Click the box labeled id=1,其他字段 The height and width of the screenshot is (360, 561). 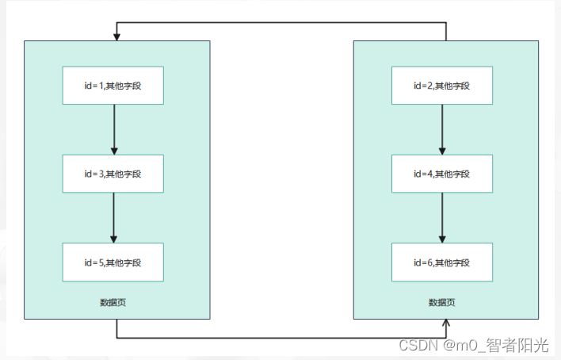(113, 85)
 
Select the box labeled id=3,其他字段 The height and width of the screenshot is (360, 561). (113, 173)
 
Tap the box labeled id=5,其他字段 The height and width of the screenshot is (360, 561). (113, 262)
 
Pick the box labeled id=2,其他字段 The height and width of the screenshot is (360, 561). (442, 85)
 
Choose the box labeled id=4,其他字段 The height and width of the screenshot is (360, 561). (442, 173)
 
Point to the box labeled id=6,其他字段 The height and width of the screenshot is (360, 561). (442, 262)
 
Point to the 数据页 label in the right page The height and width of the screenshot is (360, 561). (441, 302)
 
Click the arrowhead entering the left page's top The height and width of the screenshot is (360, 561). (117, 36)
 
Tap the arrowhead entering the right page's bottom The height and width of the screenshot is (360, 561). (447, 324)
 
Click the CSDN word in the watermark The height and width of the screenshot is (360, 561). (414, 345)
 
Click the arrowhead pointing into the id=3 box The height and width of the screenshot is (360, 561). (113, 151)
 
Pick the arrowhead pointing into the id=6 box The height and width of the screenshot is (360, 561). (442, 239)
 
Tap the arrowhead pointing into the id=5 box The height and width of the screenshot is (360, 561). (113, 239)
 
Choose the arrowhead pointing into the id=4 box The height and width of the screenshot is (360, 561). (442, 151)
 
